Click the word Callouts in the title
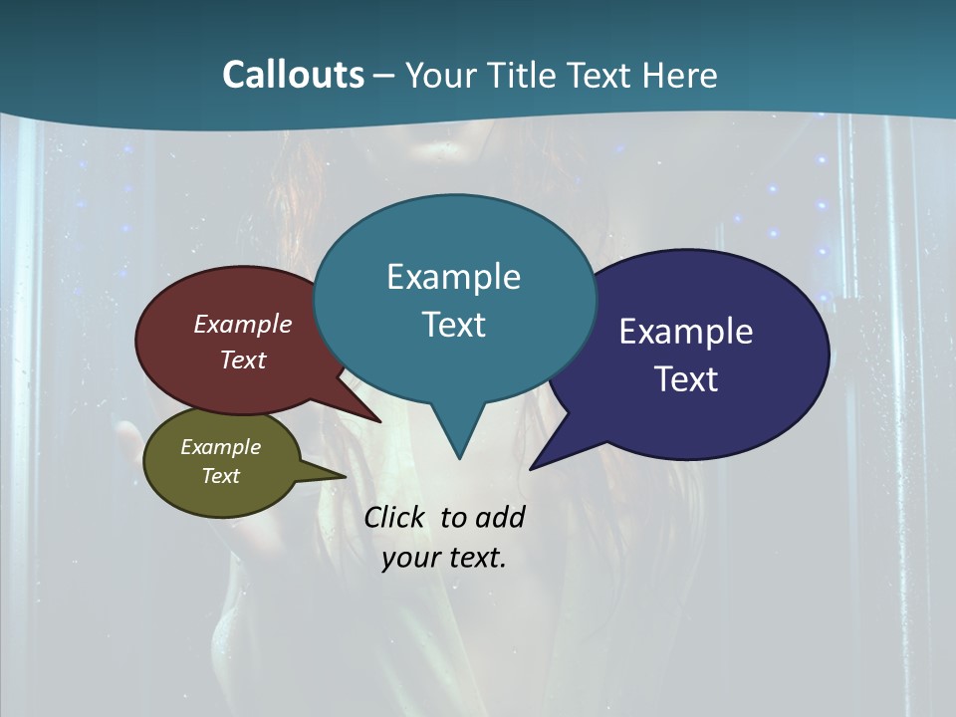point(293,75)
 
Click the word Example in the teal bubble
point(453,277)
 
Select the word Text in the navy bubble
point(686,379)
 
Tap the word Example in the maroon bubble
point(243,324)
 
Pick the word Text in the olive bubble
point(221,476)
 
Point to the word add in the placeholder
point(499,518)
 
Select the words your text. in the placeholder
point(444,558)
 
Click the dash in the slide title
point(384,75)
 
